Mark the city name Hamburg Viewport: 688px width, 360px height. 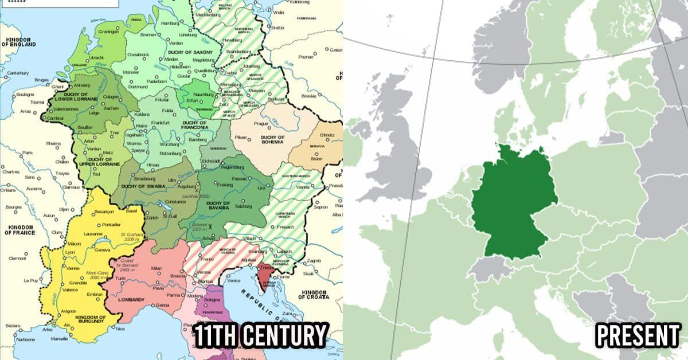171,23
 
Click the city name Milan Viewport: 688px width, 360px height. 156,268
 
